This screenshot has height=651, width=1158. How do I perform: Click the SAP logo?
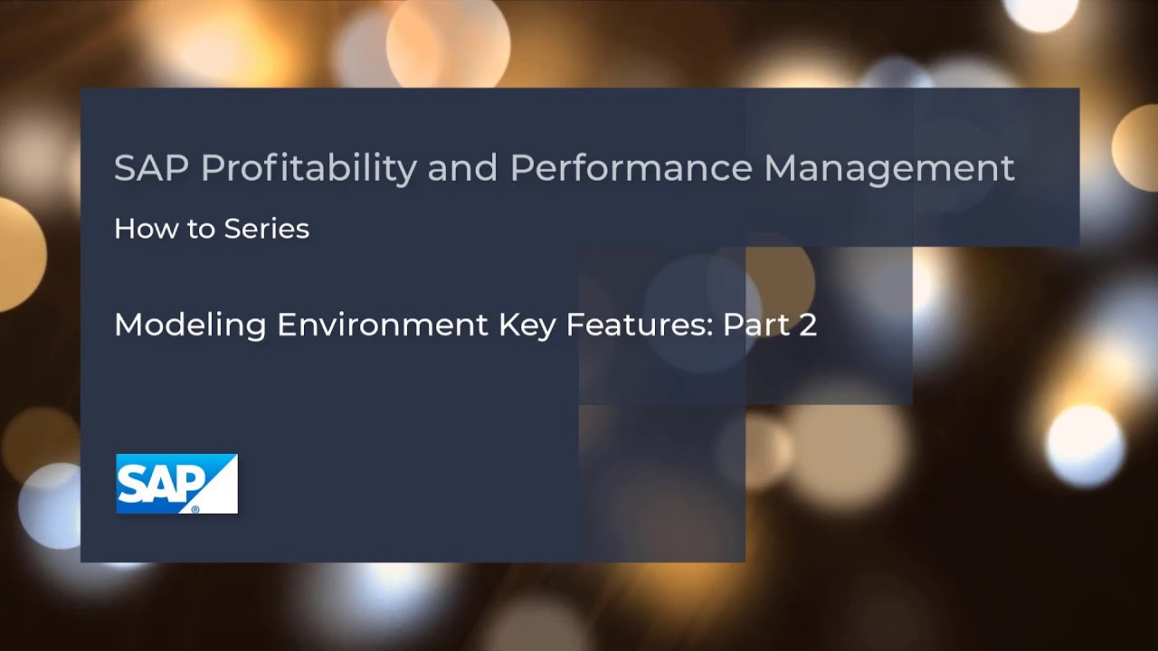point(176,484)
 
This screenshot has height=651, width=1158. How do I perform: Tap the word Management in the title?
point(889,168)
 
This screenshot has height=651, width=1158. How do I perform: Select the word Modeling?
point(190,325)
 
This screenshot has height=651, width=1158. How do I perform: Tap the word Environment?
point(384,325)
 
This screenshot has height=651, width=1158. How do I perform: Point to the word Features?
point(637,325)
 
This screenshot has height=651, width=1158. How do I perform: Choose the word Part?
point(755,325)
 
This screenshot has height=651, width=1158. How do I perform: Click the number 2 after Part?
point(808,325)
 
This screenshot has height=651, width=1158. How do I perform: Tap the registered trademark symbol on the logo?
point(195,509)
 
